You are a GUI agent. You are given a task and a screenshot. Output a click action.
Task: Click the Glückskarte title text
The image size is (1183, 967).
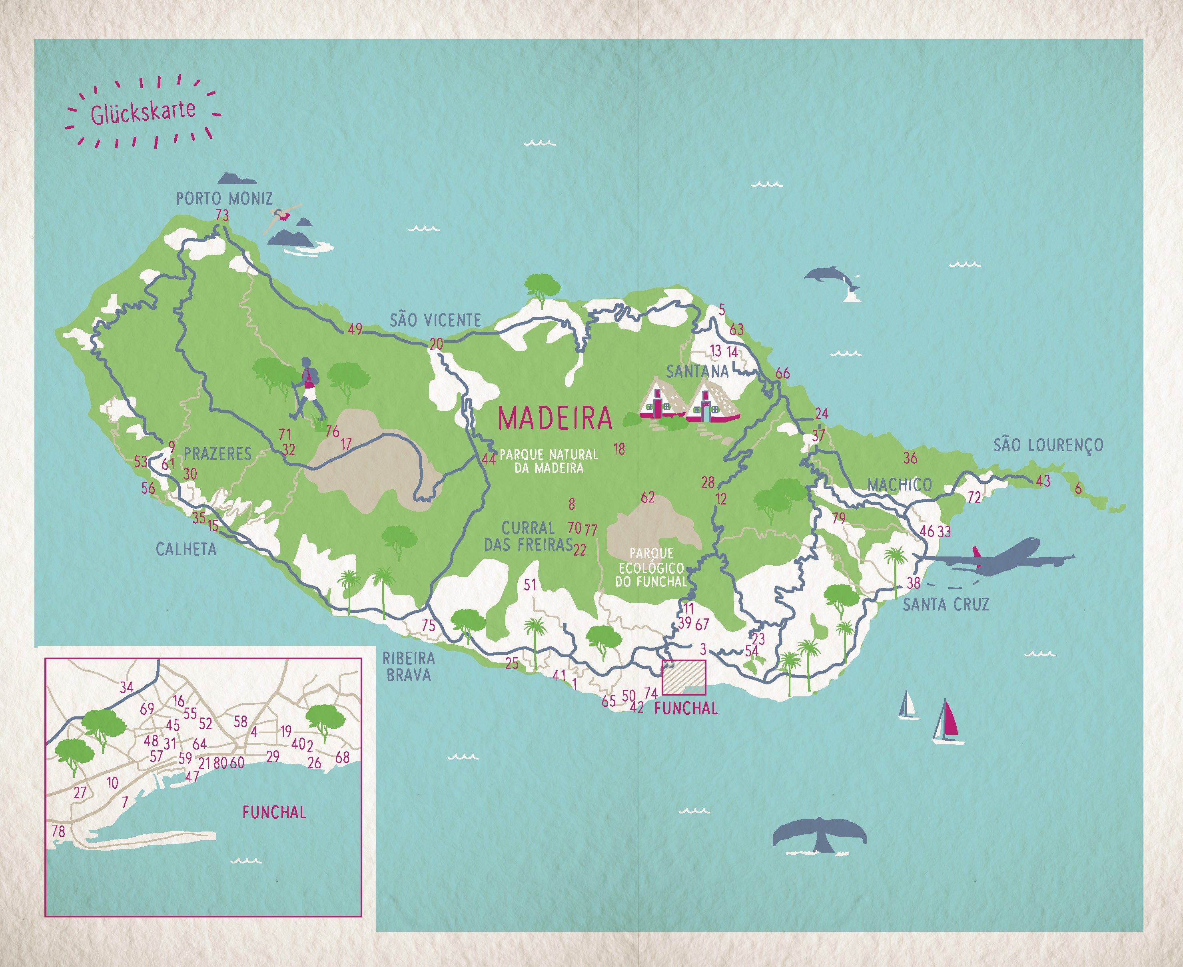(x=143, y=112)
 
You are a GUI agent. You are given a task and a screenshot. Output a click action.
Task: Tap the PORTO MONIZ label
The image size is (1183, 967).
(x=224, y=198)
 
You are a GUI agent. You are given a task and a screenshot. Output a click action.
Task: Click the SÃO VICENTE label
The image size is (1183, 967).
(x=435, y=320)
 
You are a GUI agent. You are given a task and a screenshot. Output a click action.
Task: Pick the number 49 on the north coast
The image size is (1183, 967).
(x=355, y=329)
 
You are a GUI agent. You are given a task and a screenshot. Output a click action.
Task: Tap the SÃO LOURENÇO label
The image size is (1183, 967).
(x=1048, y=445)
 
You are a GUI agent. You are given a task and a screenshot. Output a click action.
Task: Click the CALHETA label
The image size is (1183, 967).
(x=186, y=549)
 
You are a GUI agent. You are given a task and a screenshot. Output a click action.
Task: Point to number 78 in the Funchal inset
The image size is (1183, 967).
(x=58, y=831)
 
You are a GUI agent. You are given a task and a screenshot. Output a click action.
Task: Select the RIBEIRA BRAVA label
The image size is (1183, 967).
(x=408, y=667)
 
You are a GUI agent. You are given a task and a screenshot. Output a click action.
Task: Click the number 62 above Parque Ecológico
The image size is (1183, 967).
(x=647, y=497)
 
